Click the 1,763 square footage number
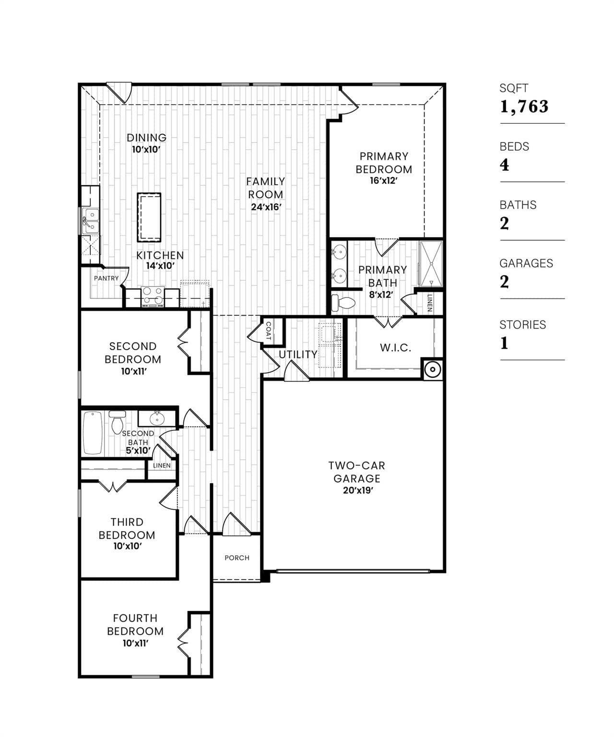524,107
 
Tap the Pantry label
106,278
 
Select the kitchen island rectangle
149,217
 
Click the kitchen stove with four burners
153,296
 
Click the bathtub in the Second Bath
93,433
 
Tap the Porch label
237,558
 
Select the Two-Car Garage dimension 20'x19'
357,490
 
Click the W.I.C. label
395,348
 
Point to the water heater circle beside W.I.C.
432,369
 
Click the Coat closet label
268,331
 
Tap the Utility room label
298,355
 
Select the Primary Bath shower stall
430,263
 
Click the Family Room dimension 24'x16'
265,207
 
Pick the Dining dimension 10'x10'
146,150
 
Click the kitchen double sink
90,221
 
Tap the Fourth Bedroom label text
135,624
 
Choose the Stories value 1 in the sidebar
504,343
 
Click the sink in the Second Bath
157,418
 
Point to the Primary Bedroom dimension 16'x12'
384,181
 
